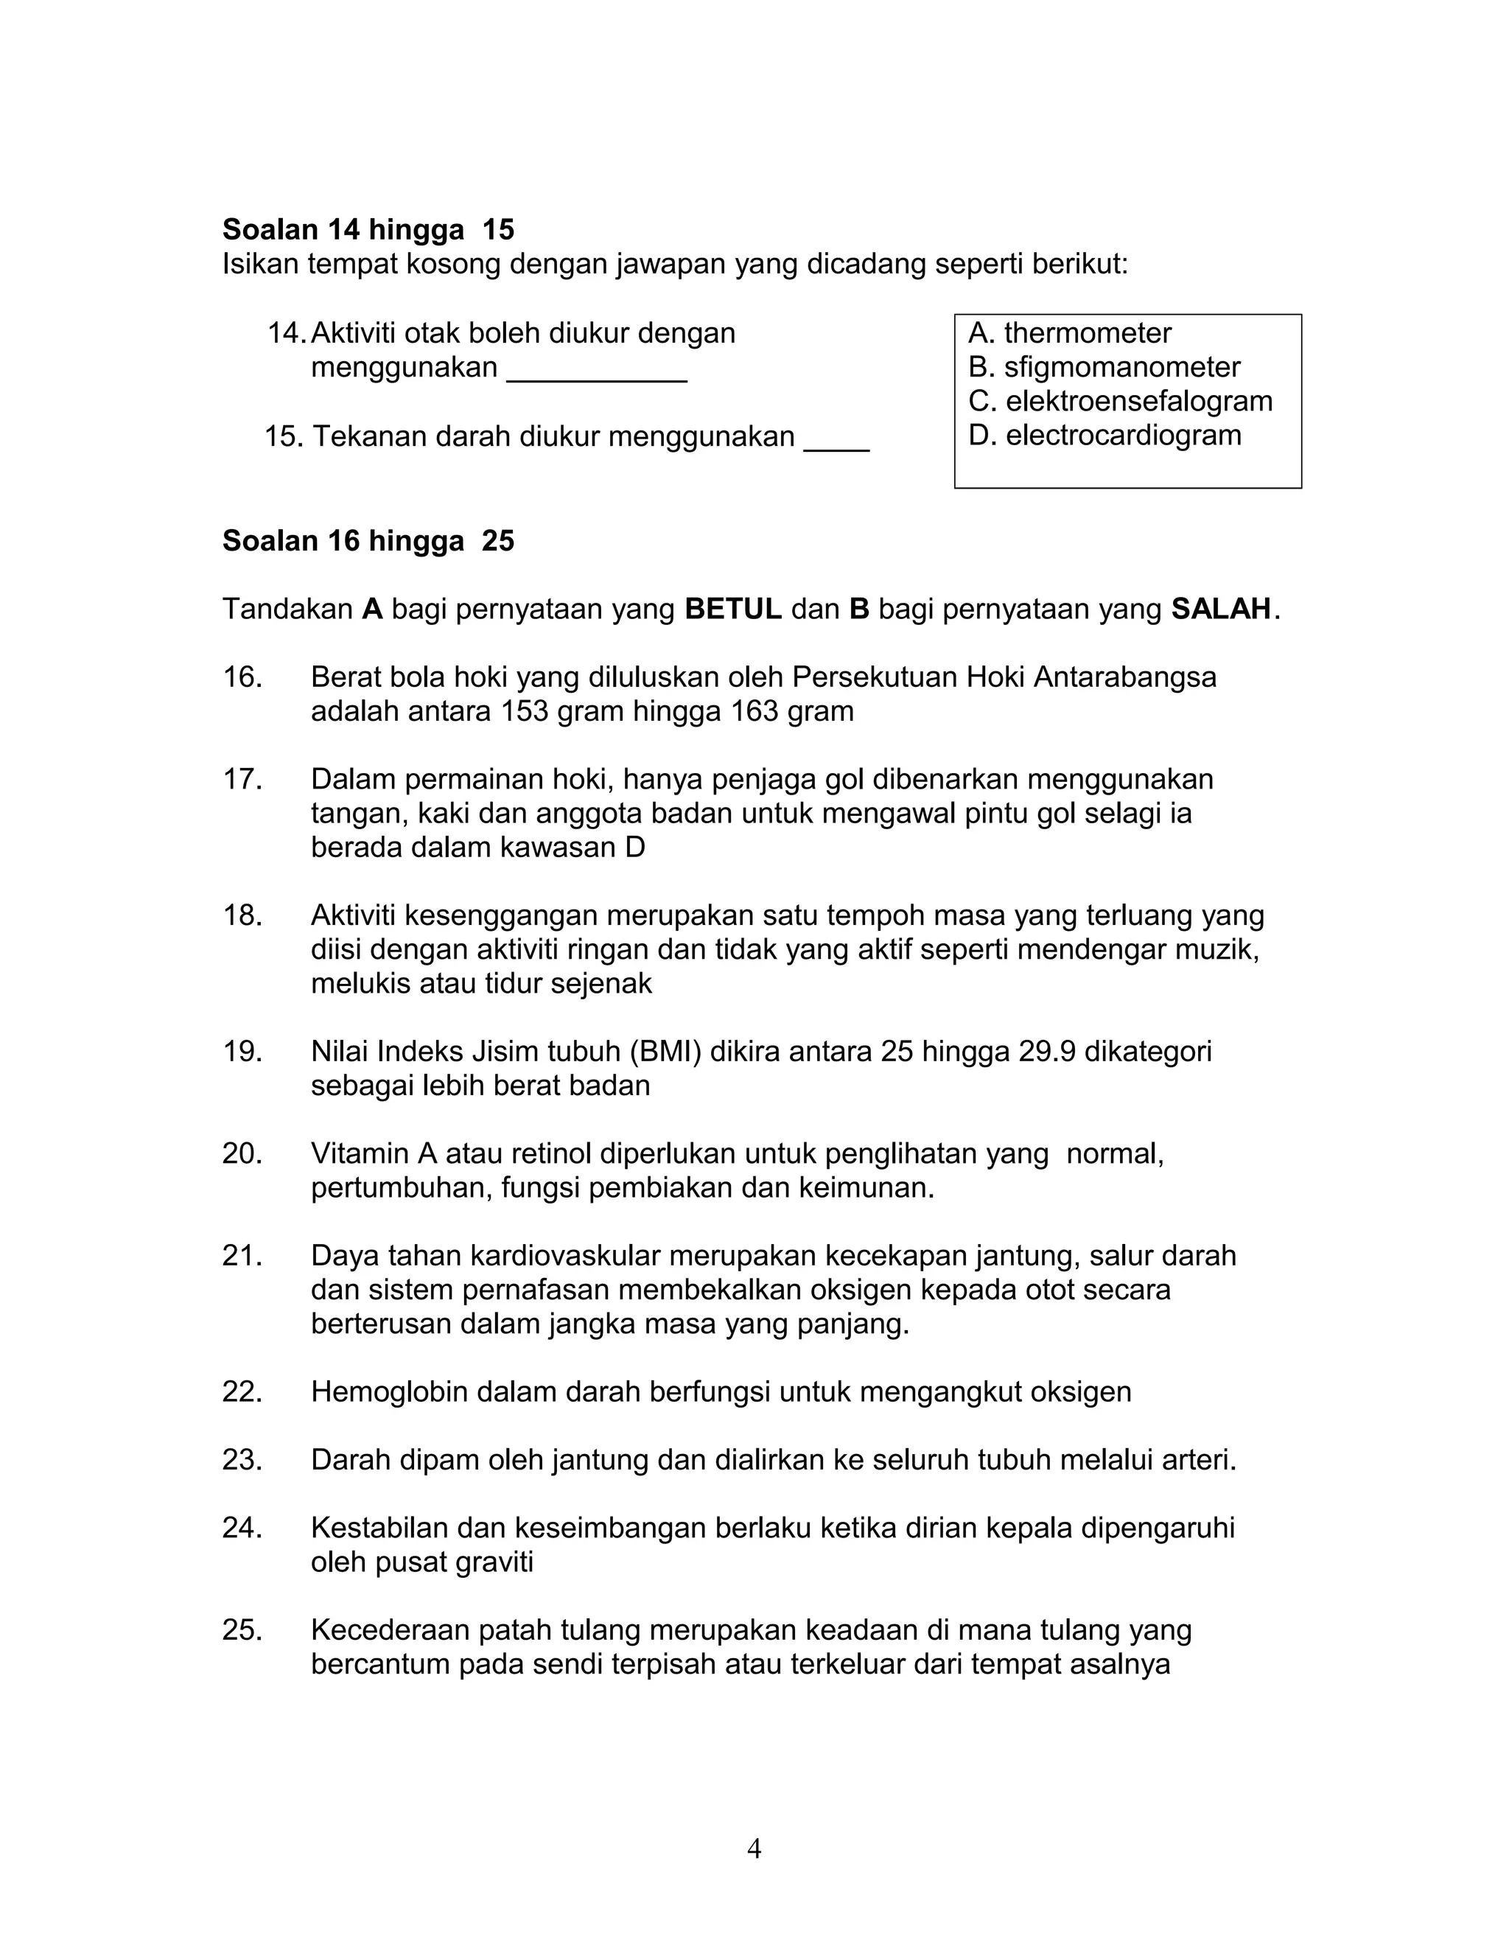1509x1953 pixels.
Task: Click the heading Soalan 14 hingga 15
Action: click(368, 230)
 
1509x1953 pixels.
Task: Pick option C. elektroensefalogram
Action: click(1120, 402)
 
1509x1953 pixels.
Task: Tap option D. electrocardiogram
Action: click(1105, 436)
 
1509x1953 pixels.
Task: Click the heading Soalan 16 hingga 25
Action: click(368, 541)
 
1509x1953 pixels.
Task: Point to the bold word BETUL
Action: click(733, 610)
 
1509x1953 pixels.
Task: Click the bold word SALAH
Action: click(1221, 610)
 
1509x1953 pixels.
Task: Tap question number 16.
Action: click(242, 678)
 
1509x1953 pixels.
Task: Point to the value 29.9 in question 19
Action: click(1047, 1052)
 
